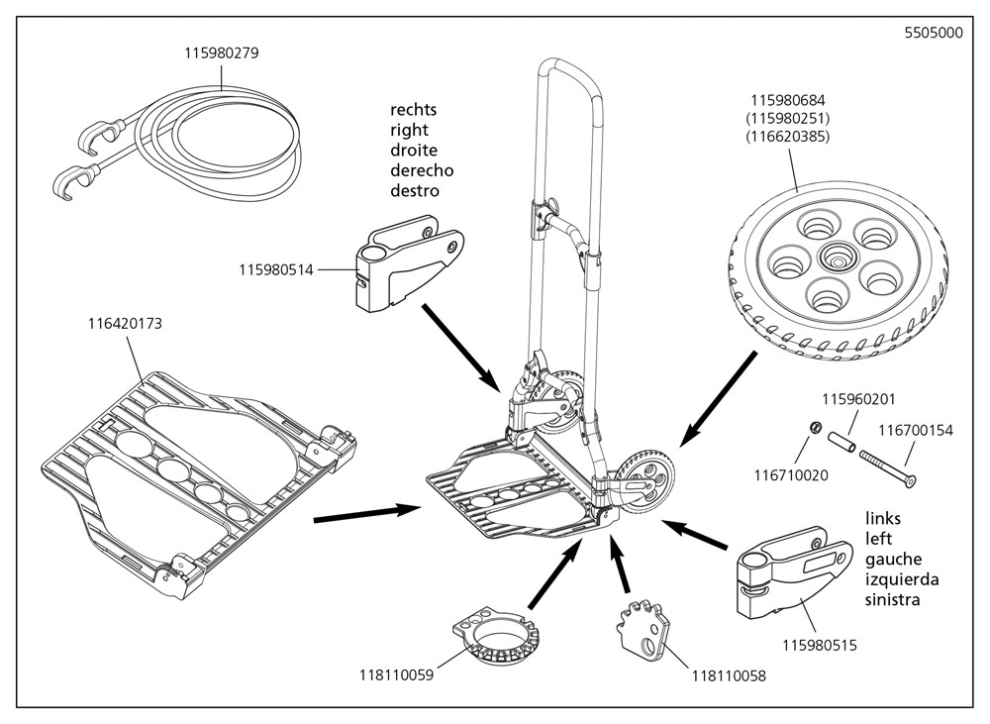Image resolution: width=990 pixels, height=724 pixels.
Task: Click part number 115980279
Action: pyautogui.click(x=222, y=52)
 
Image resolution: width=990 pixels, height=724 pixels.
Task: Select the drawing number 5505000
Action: pyautogui.click(x=933, y=32)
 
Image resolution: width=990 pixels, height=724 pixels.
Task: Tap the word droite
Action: pyautogui.click(x=413, y=150)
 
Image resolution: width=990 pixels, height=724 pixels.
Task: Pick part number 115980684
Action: pyautogui.click(x=787, y=100)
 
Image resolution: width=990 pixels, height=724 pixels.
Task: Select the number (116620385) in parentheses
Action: pyautogui.click(x=787, y=136)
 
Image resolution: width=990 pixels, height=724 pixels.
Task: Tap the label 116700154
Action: pyautogui.click(x=916, y=431)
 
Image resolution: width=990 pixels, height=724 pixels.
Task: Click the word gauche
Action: pyautogui.click(x=893, y=560)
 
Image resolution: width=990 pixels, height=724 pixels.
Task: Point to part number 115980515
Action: pyautogui.click(x=819, y=646)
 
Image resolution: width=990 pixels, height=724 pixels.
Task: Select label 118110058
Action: pyautogui.click(x=728, y=677)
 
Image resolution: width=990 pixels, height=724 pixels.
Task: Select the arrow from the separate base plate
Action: pyautogui.click(x=365, y=512)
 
